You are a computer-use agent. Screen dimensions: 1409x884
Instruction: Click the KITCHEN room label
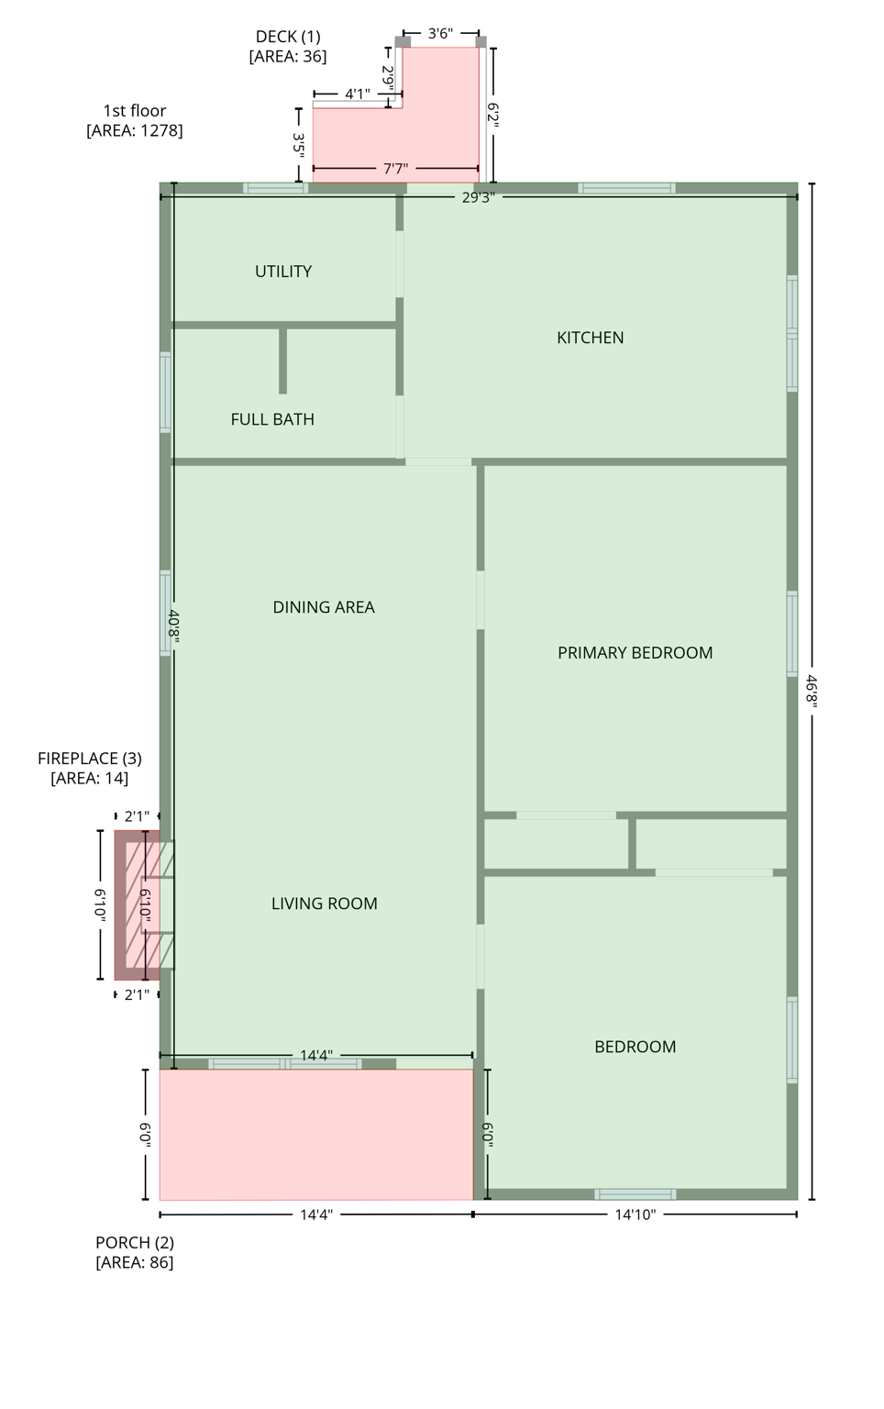tap(590, 338)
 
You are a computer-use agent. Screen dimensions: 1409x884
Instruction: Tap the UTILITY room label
tap(283, 272)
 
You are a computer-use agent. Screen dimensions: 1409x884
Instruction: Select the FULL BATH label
tap(272, 419)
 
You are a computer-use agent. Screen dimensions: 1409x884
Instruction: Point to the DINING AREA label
tap(324, 607)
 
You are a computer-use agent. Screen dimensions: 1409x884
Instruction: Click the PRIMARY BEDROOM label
tap(635, 653)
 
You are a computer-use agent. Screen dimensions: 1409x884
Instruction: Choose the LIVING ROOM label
tap(324, 904)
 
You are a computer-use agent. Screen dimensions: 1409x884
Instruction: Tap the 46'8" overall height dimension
tap(812, 691)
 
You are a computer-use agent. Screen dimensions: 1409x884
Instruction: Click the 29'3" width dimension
tap(478, 197)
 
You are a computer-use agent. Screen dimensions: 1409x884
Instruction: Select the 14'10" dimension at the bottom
tap(635, 1215)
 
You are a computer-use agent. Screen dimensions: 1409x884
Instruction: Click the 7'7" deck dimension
tap(395, 169)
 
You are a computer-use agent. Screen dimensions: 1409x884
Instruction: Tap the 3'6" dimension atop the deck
tap(440, 34)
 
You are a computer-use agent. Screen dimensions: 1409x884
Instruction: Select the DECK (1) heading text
tap(288, 37)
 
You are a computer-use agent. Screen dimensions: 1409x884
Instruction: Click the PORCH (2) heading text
tap(135, 1242)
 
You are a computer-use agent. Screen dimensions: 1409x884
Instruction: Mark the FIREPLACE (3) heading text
tap(90, 759)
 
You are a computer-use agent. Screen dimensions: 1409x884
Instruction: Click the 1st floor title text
tap(135, 111)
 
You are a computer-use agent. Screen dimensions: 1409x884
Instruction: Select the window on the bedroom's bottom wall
tap(635, 1194)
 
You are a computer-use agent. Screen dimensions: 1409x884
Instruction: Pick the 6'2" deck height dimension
tap(493, 115)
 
